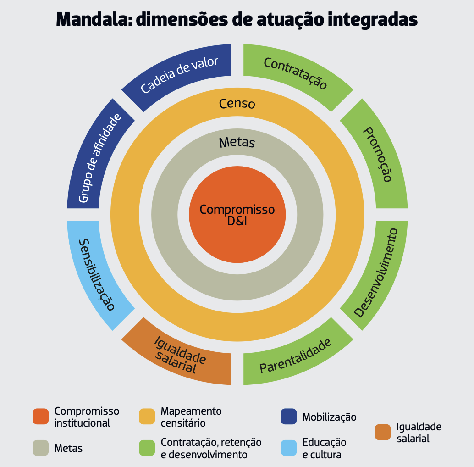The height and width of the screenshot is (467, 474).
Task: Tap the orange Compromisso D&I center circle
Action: (237, 215)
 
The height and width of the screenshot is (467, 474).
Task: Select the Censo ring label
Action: (237, 104)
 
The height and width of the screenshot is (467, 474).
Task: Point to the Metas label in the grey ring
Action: (237, 143)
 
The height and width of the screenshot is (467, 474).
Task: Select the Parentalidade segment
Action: (296, 356)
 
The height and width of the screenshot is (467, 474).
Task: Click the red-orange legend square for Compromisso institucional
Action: (41, 417)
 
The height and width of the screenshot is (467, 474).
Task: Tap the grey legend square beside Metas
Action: (41, 448)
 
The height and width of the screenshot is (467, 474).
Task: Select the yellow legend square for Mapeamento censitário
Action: (147, 417)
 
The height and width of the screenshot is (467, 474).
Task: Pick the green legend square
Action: (147, 448)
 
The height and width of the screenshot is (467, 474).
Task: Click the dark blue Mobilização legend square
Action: (288, 417)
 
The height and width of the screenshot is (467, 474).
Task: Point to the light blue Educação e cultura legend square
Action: (288, 448)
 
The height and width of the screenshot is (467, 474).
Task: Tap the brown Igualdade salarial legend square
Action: (382, 432)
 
